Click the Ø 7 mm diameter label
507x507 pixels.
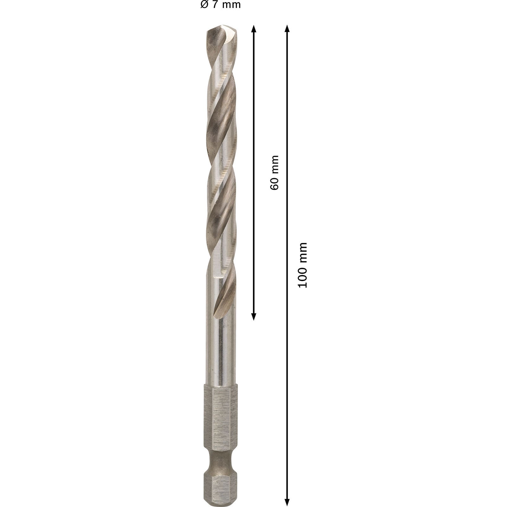tap(221, 5)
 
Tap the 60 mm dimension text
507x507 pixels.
tap(274, 173)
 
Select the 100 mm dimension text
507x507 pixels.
tap(303, 265)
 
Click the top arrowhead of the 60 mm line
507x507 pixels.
tap(253, 29)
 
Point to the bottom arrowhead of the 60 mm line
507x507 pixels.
tap(253, 316)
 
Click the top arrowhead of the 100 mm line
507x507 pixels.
tap(287, 29)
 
